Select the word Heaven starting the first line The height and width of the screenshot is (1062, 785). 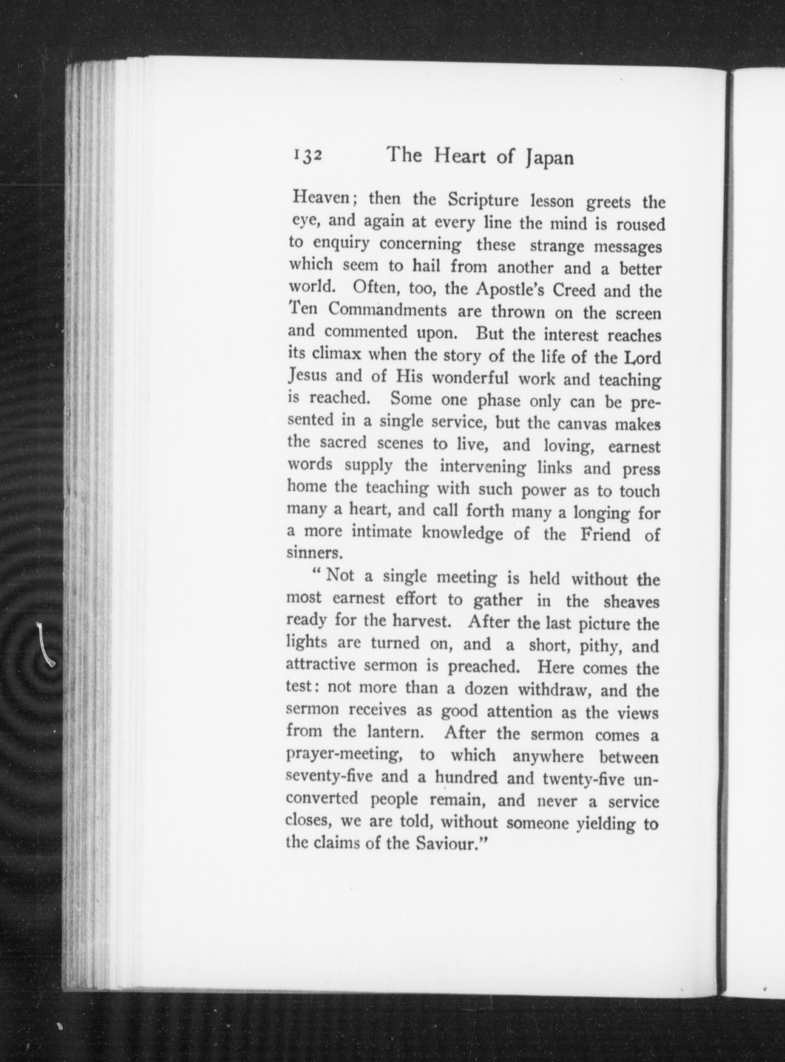[x=322, y=199]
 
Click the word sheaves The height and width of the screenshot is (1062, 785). [x=631, y=603]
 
